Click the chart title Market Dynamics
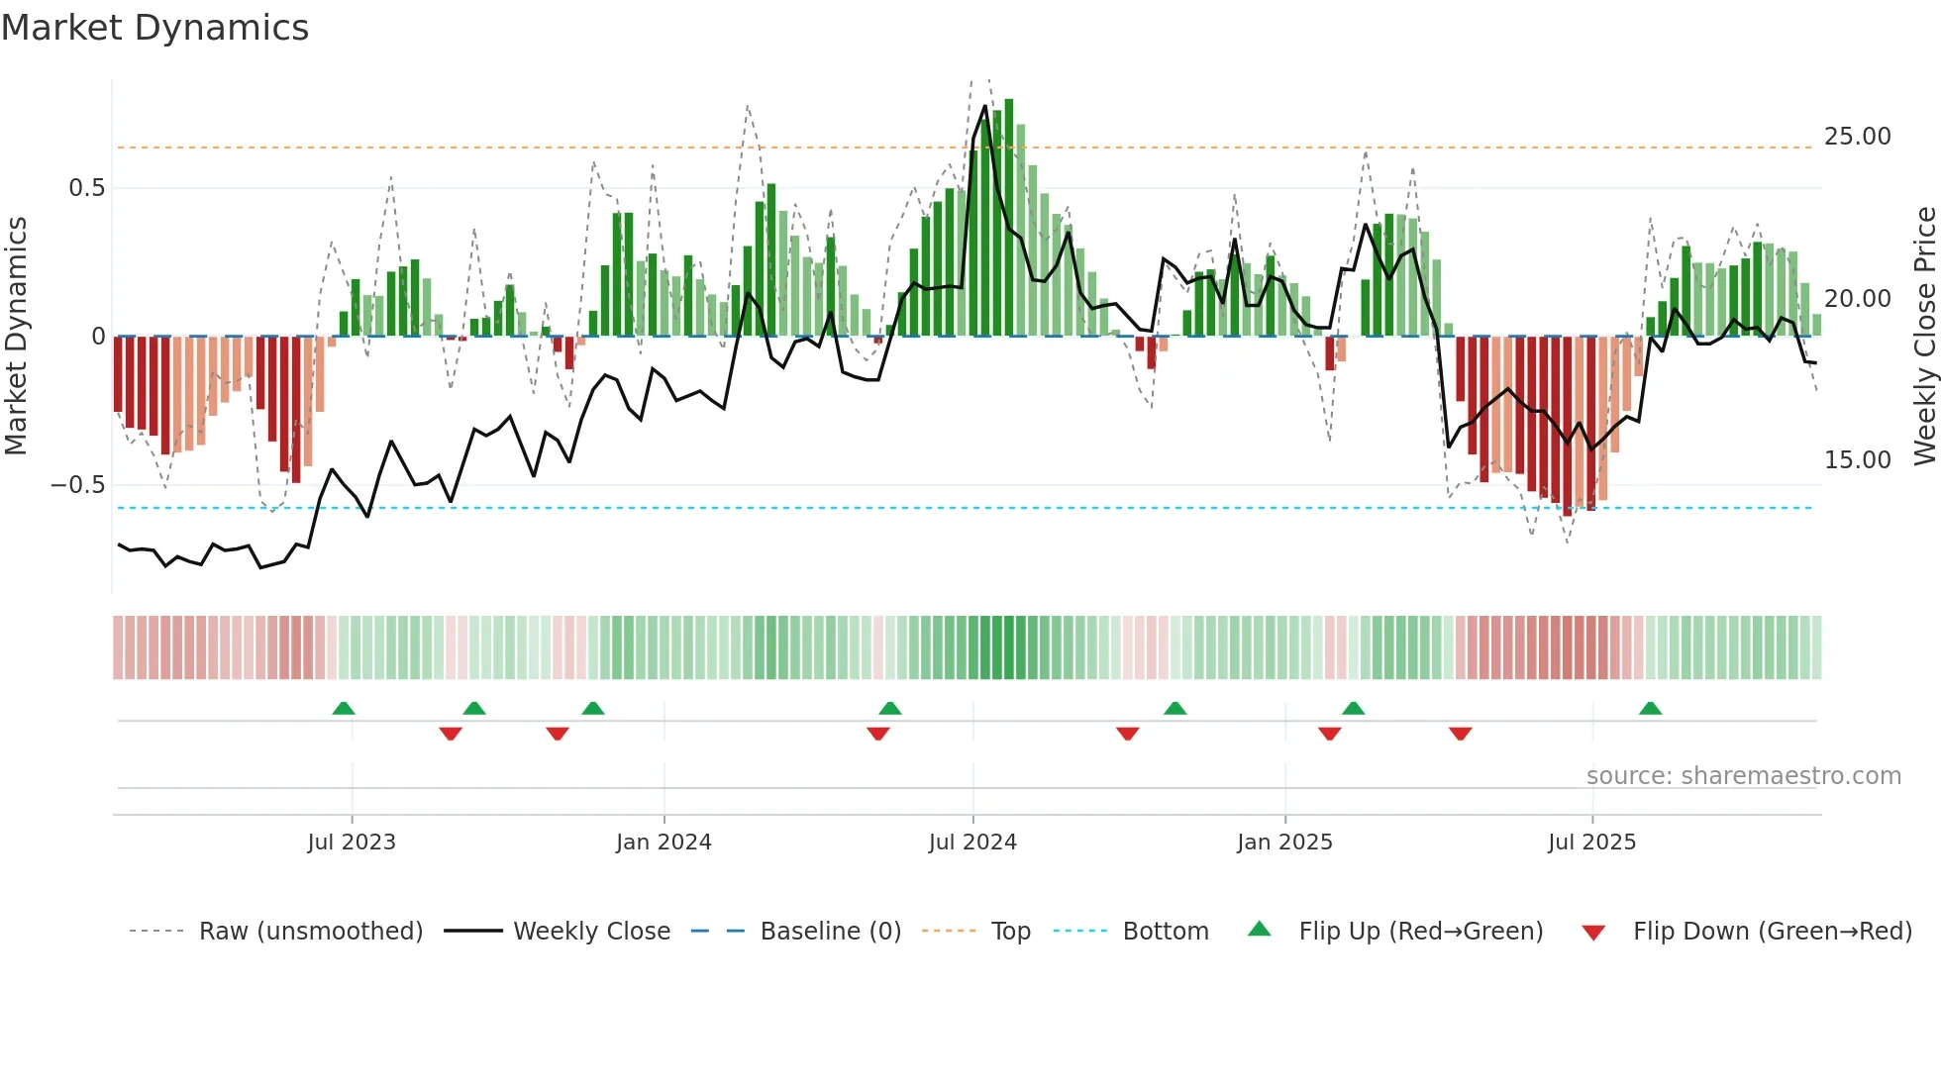pos(154,28)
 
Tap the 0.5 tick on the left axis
pos(86,188)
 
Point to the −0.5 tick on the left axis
pos(78,485)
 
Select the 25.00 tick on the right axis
pos(1857,137)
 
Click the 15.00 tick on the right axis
pos(1857,460)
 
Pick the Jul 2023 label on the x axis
pos(352,843)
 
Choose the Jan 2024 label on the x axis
pos(664,843)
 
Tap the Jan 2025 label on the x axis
pos(1284,843)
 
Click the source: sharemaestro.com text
pos(1743,776)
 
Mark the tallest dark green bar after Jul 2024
pos(1008,218)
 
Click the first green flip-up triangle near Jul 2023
pos(344,709)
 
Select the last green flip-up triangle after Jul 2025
pos(1650,709)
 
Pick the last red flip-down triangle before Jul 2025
pos(1460,734)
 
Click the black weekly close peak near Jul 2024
pos(985,106)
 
